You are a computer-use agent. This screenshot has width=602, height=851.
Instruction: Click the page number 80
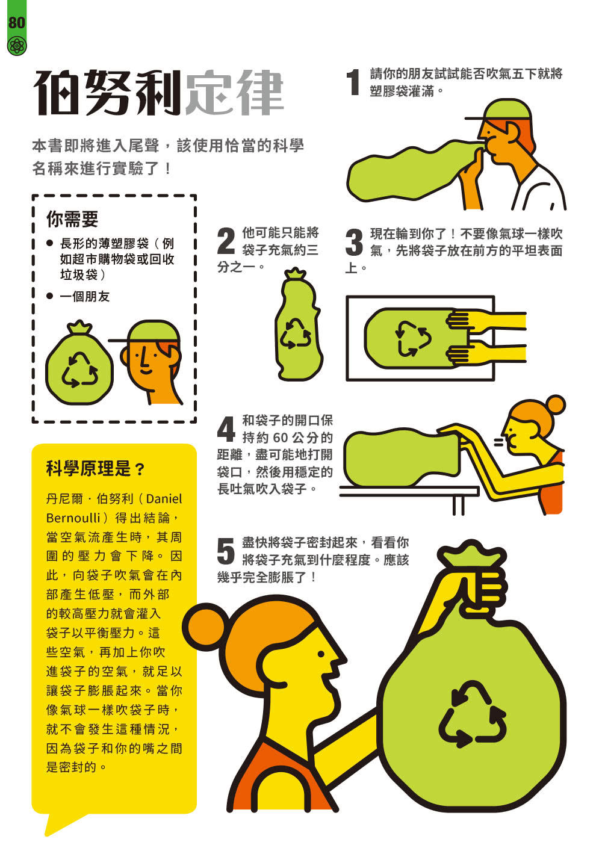coord(17,22)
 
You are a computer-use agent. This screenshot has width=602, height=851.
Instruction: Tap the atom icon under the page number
coord(17,46)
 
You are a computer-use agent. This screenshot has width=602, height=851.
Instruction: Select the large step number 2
coord(226,241)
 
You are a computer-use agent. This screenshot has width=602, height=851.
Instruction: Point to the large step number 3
coord(354,242)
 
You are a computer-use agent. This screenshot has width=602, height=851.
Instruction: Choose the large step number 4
coord(226,429)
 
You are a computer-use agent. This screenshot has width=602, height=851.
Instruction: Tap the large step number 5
coord(225,551)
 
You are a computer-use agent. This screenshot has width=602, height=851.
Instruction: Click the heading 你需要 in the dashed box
coord(72,219)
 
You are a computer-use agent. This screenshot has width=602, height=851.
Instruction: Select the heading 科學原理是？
coord(96,468)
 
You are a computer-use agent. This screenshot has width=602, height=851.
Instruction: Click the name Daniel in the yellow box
coord(164,498)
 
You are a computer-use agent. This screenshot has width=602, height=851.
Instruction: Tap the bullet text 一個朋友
coord(85,296)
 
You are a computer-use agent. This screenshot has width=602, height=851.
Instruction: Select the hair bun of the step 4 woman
coord(556,404)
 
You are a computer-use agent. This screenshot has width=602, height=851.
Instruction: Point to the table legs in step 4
coord(458,505)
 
